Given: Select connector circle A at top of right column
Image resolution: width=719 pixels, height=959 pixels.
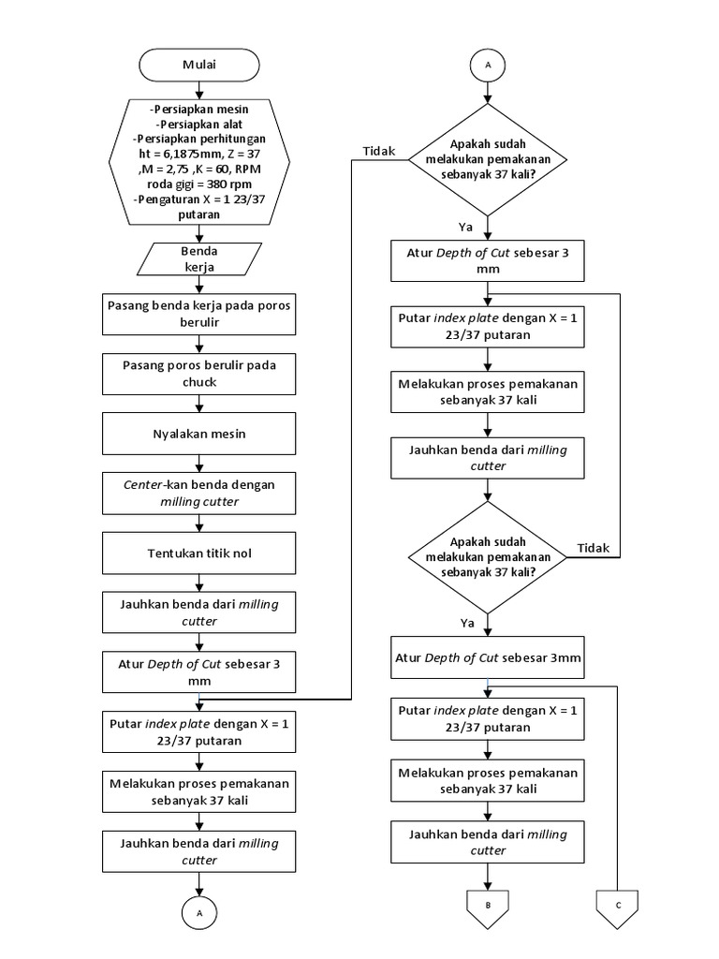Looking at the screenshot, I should click(x=488, y=65).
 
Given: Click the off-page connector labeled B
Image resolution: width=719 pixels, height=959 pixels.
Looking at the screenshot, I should click(x=488, y=906).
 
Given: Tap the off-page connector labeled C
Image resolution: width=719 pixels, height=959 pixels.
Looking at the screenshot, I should click(x=617, y=906).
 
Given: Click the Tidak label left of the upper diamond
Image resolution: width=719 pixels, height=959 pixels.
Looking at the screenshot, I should click(x=378, y=151).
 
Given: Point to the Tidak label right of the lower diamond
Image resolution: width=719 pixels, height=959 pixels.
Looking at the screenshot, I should click(x=593, y=547).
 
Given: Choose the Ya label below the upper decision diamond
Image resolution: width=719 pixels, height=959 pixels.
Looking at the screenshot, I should click(x=465, y=227).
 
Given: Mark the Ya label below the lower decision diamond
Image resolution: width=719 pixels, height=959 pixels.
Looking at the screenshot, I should click(x=467, y=622).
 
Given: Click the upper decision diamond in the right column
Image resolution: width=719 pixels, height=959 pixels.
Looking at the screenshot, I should click(x=488, y=160).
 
